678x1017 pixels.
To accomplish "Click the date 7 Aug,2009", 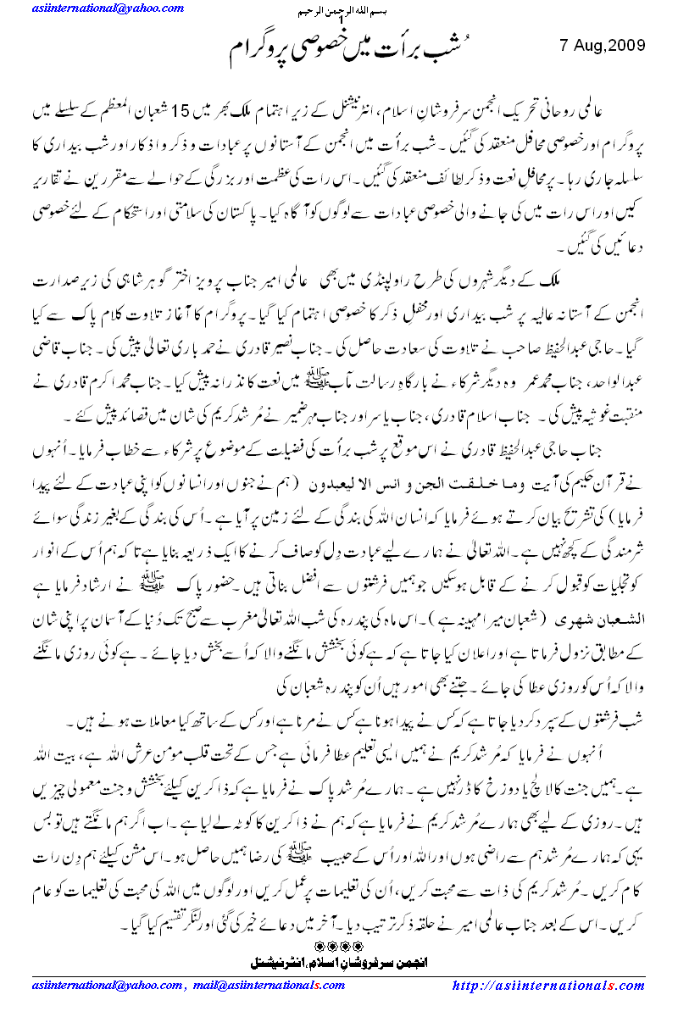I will tap(603, 44).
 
